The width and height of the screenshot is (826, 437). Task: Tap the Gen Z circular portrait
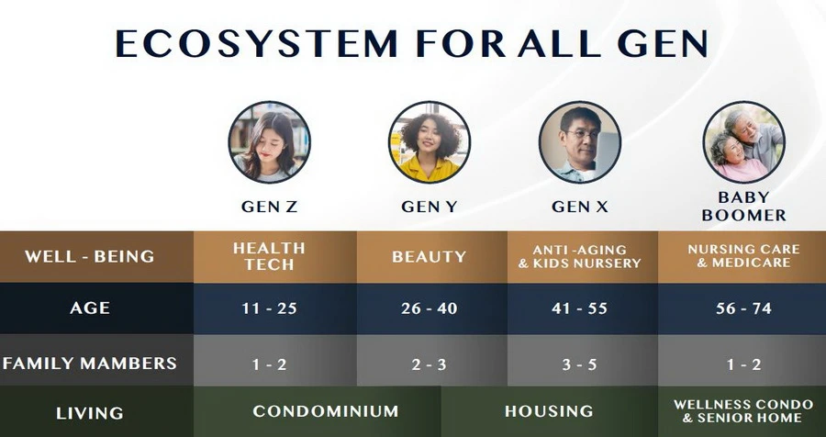pos(269,142)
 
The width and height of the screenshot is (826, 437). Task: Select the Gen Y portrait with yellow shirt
pos(430,142)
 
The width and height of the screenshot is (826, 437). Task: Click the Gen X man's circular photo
pos(579,142)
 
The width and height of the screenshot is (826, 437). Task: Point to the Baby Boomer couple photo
pos(743,142)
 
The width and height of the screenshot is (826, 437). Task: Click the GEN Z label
pos(269,207)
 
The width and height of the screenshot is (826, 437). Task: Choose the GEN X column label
pos(579,207)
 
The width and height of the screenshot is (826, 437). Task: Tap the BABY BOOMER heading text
pos(743,207)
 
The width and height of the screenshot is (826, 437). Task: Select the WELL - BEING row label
pos(90,257)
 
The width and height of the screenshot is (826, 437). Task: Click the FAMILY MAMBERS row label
pos(90,364)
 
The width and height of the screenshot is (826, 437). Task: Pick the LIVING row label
pos(90,413)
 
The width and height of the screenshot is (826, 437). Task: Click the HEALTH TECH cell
pos(269,256)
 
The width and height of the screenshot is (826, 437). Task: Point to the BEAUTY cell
pos(430,257)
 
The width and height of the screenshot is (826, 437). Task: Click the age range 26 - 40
pos(430,308)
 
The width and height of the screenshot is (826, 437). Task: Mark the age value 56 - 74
pos(743,308)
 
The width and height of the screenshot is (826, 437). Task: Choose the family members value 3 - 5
pos(579,364)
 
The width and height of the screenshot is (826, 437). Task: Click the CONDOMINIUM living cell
pos(326,411)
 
